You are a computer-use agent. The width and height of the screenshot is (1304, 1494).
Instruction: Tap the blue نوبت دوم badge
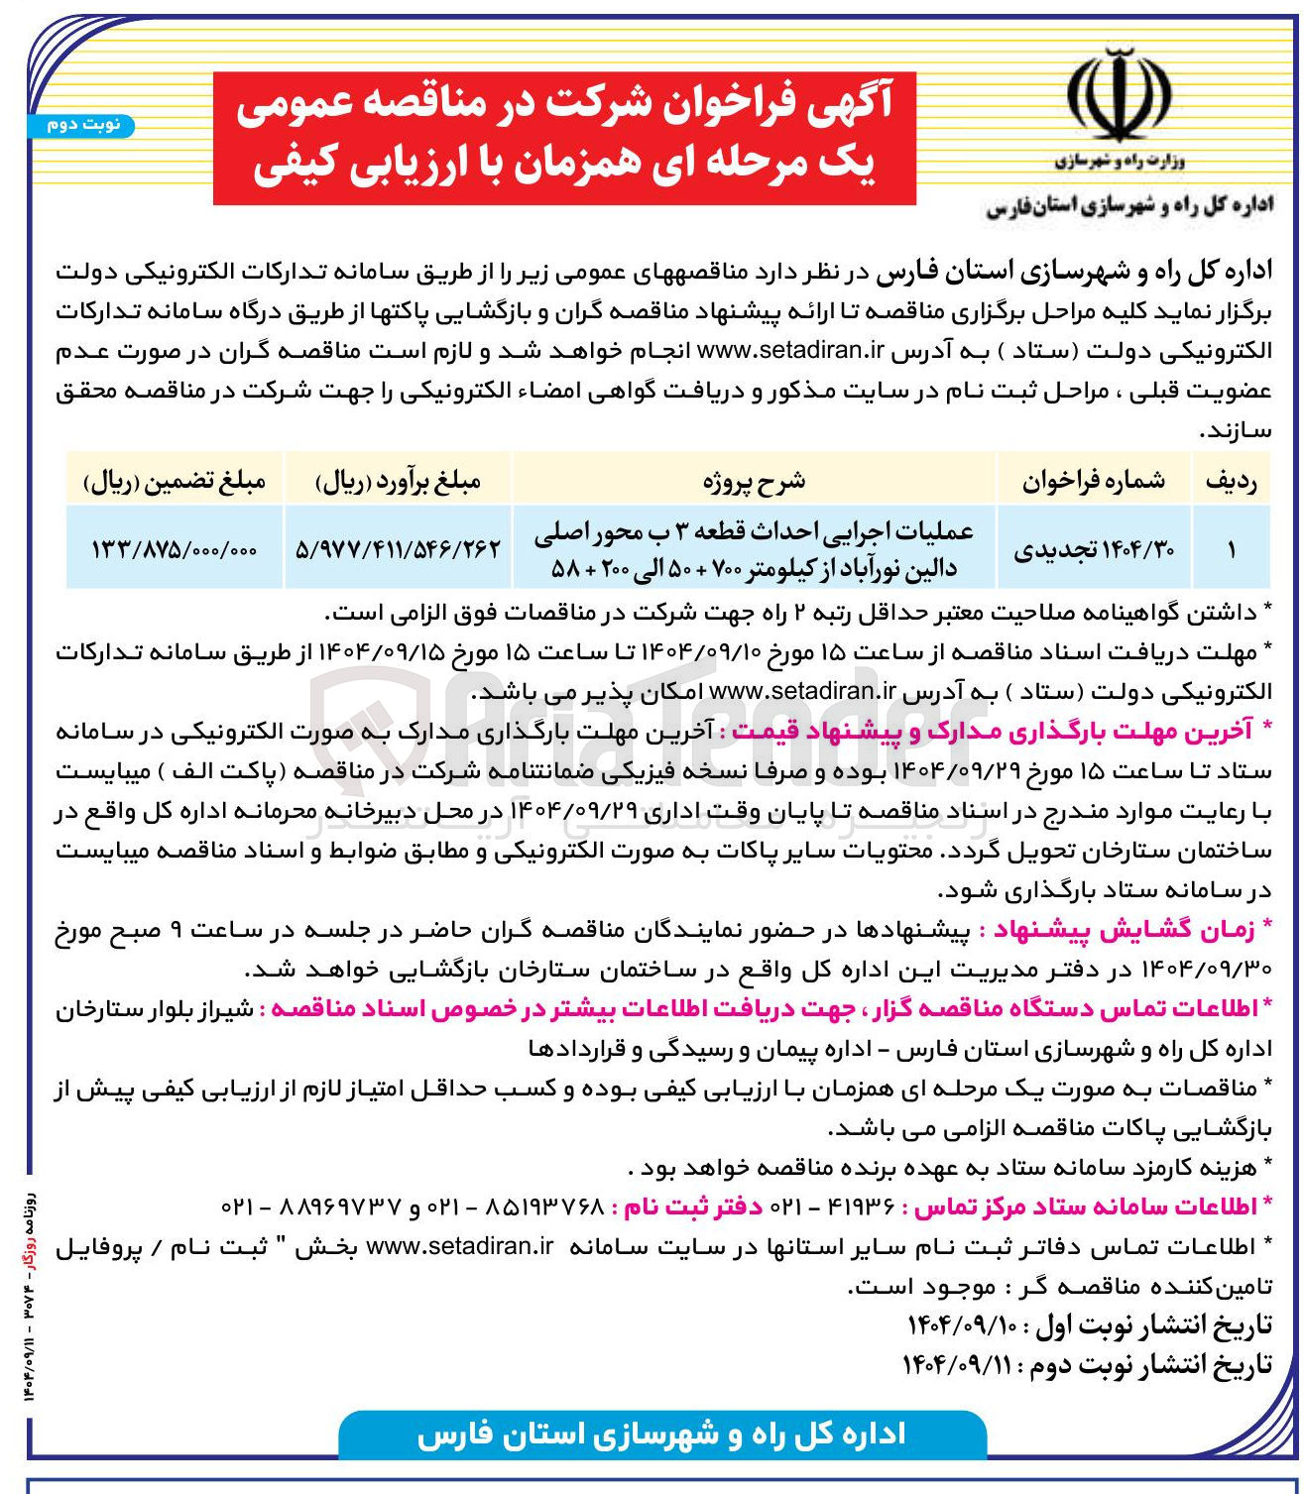[x=82, y=125]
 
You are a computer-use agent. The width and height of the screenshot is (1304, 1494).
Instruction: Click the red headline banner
[x=563, y=138]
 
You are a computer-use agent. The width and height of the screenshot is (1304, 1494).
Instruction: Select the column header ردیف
[x=1231, y=481]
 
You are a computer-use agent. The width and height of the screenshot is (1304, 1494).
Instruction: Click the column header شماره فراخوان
[x=1094, y=481]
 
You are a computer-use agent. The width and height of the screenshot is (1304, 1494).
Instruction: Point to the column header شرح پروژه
[x=754, y=481]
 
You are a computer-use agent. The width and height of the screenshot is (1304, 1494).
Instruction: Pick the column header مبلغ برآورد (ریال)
[x=398, y=482]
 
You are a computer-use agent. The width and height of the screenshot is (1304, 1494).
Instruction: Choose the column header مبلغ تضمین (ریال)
[x=175, y=482]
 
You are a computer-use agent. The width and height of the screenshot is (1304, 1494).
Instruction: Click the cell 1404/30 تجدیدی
[x=1094, y=549]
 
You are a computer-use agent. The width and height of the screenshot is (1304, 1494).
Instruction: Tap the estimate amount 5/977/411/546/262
[x=398, y=548]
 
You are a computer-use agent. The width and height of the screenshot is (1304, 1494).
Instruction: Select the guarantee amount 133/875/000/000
[x=175, y=549]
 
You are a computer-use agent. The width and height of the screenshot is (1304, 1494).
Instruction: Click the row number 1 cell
[x=1231, y=549]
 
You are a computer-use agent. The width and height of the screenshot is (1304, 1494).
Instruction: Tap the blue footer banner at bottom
[x=661, y=1435]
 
